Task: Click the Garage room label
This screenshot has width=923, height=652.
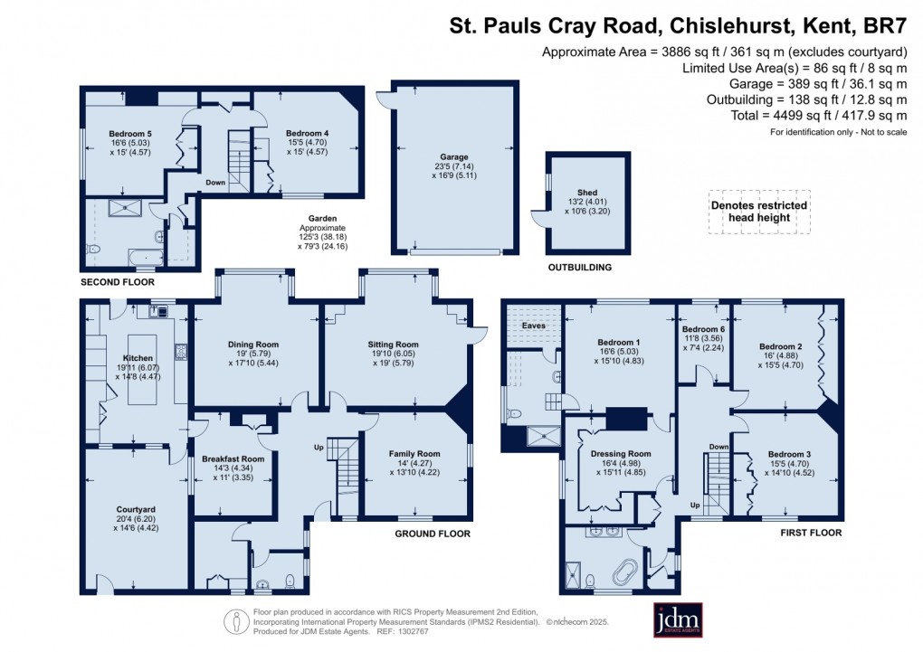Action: [454, 157]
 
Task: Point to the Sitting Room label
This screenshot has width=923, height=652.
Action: [393, 345]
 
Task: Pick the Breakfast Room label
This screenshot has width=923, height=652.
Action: [234, 458]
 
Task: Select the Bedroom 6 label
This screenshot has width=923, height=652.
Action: [703, 329]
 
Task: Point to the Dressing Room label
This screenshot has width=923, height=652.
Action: [621, 453]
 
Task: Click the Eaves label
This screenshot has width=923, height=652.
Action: [532, 326]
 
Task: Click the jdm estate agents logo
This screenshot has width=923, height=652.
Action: [679, 620]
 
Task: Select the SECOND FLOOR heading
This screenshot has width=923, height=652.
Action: [118, 282]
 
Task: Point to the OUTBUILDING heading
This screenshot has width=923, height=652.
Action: [580, 268]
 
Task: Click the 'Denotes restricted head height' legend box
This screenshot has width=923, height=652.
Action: [757, 213]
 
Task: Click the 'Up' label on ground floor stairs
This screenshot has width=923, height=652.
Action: [318, 448]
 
